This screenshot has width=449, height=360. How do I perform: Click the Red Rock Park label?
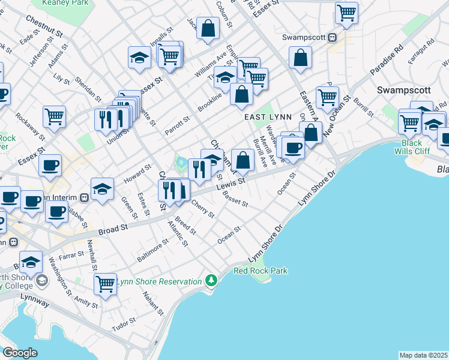261,271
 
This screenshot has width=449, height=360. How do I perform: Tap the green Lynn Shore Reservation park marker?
211,280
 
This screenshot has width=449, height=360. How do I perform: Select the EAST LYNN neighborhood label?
263,119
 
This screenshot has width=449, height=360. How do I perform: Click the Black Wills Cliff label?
412,148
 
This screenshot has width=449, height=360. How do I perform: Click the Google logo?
20,352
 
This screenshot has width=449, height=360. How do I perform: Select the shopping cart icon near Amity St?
105,283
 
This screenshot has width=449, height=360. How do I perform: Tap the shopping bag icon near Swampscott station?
300,58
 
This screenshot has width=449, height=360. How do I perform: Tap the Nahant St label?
153,304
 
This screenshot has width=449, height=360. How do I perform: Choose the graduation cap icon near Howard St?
103,188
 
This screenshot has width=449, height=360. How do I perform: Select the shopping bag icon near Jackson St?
208,28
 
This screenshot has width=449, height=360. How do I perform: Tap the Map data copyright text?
424,355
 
